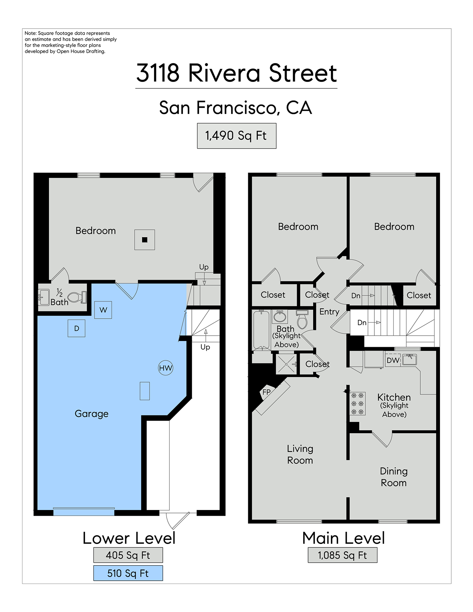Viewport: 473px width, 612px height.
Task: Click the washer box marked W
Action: [x=103, y=310]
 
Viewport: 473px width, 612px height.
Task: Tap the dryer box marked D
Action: [x=77, y=328]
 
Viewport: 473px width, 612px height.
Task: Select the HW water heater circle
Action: [x=166, y=368]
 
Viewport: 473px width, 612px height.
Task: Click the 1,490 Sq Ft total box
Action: [x=237, y=136]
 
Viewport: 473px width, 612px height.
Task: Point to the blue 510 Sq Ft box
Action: [x=128, y=573]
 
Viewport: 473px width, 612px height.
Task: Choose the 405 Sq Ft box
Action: [x=128, y=555]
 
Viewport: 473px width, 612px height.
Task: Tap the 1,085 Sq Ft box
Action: [x=342, y=555]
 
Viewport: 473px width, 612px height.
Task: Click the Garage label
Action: [x=91, y=414]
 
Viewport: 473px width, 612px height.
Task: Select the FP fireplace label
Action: [x=267, y=392]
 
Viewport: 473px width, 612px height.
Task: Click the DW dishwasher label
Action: [x=393, y=360]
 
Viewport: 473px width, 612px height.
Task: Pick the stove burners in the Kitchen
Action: [x=357, y=404]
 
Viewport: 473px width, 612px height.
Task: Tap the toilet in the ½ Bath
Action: [x=77, y=297]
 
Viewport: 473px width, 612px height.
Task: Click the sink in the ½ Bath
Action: [x=44, y=297]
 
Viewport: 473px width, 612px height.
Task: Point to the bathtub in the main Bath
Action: [x=261, y=330]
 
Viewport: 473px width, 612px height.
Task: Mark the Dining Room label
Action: [x=394, y=477]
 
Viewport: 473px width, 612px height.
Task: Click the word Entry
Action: [x=329, y=312]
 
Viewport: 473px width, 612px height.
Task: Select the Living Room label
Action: [x=300, y=454]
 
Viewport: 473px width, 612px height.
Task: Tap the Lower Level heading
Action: [x=129, y=538]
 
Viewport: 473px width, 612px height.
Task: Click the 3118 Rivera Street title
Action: [x=237, y=73]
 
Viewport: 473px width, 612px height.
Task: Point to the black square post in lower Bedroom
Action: [x=145, y=240]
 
